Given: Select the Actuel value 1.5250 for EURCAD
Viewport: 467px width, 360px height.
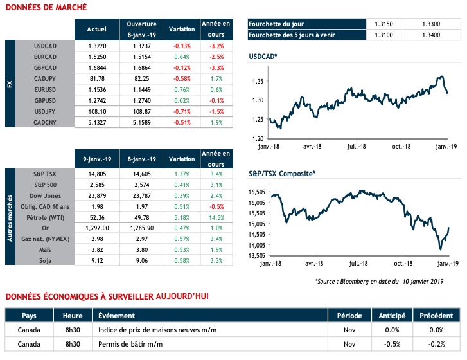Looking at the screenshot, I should coord(92,58).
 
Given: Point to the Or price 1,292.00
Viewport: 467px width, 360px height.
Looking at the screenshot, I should coord(92,228).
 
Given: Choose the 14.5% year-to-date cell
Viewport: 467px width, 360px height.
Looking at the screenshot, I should coord(216,217).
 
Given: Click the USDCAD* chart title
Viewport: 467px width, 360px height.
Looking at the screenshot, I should coord(263,58).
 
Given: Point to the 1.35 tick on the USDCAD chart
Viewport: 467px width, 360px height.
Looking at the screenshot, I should coord(257,82).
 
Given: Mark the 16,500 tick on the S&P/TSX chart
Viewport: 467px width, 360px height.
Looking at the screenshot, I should coord(254,192).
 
